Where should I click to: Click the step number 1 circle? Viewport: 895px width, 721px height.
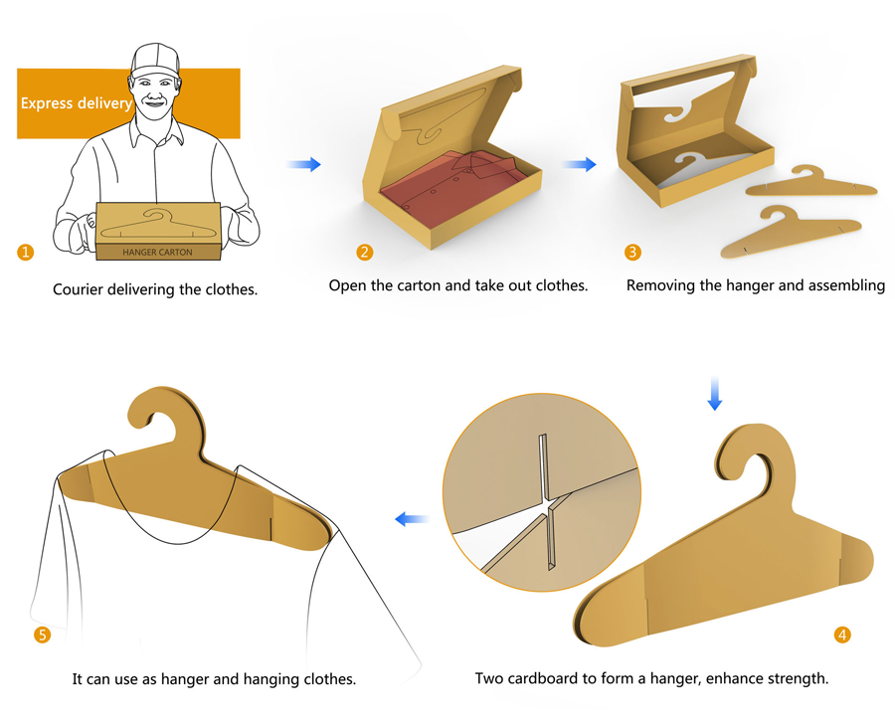[25, 252]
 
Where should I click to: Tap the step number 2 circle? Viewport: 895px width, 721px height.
[364, 252]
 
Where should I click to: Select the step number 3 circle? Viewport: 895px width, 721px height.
[632, 252]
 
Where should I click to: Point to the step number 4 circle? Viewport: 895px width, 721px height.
[842, 634]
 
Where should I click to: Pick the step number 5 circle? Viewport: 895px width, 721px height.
[42, 634]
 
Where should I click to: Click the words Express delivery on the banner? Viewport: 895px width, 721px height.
[77, 103]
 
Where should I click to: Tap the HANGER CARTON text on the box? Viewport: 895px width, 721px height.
[157, 252]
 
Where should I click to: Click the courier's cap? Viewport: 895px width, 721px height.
[155, 59]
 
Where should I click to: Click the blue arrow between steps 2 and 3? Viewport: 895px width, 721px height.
[579, 164]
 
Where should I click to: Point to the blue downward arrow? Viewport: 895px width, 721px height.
[715, 394]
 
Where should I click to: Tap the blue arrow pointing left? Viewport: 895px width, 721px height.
[412, 519]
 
